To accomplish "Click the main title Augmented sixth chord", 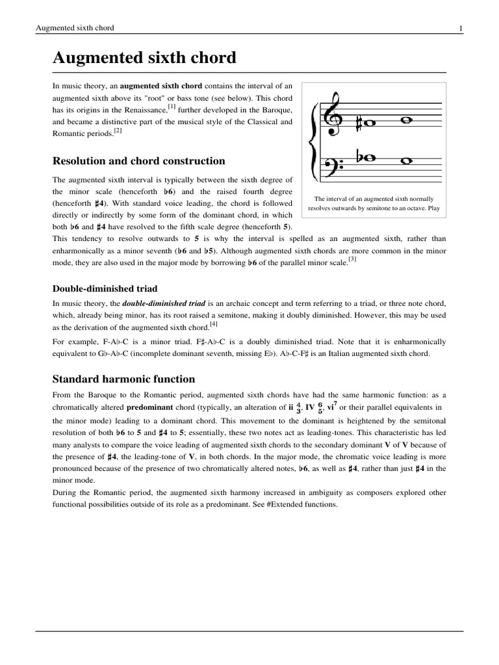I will point(144,58).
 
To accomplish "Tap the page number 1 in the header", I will point(460,28).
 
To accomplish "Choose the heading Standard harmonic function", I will point(123,379).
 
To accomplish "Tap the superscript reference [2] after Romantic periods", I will point(118,131).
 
